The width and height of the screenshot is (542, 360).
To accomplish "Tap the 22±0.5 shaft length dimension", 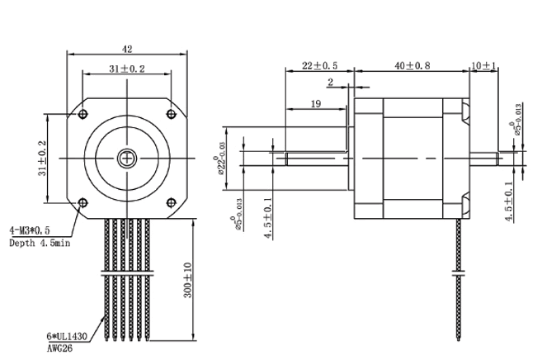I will (319, 65).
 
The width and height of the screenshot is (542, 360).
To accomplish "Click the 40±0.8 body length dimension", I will (412, 65).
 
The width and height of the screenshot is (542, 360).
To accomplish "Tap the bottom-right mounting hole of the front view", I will (171, 201).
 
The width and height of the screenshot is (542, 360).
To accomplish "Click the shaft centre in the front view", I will (126, 157).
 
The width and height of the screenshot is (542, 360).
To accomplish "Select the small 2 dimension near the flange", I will (330, 82).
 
